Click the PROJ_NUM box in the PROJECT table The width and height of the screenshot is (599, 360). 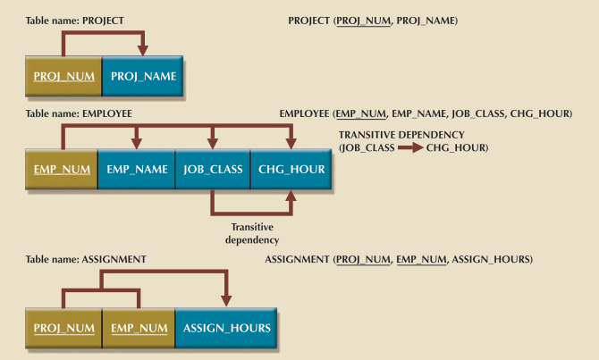click(x=63, y=77)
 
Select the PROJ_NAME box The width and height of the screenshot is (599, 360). click(x=144, y=77)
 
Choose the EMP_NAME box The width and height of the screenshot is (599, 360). click(x=136, y=169)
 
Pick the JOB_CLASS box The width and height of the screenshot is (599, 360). click(x=212, y=169)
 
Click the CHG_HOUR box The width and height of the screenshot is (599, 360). click(x=291, y=169)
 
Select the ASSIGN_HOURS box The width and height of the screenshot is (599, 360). click(x=226, y=328)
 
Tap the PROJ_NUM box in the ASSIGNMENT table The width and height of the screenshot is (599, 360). click(x=63, y=328)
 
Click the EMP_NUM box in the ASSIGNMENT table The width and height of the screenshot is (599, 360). click(x=139, y=328)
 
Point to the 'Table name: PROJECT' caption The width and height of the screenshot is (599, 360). click(x=75, y=21)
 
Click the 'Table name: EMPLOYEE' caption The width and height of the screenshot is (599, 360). click(x=79, y=114)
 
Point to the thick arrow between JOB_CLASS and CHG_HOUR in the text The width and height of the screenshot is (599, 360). click(x=409, y=147)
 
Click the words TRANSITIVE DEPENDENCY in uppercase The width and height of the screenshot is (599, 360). click(x=401, y=134)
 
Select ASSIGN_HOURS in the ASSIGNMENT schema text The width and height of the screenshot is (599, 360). click(x=491, y=259)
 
